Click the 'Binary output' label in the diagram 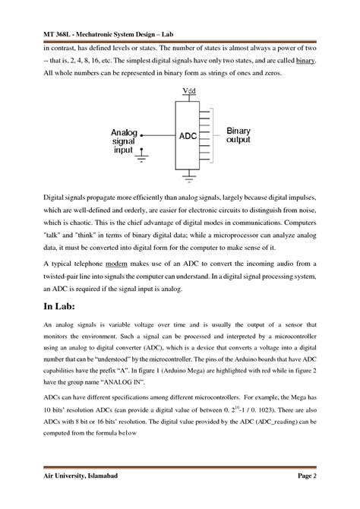point(238,135)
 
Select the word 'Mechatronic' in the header point(95,31)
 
